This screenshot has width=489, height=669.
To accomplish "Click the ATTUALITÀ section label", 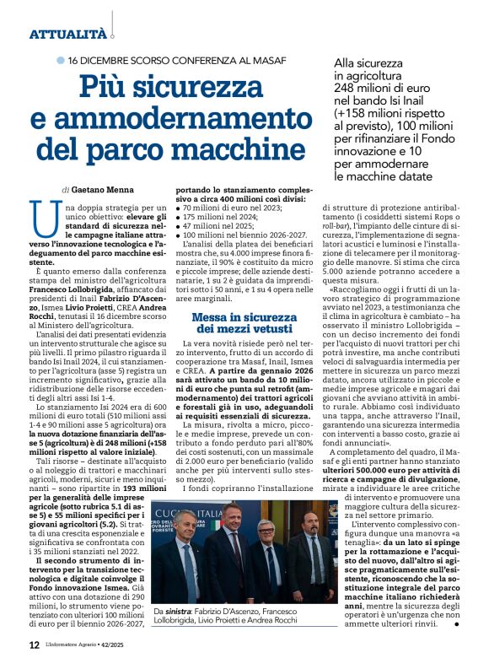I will tap(67, 35).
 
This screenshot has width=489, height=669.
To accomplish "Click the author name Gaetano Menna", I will tap(102, 190).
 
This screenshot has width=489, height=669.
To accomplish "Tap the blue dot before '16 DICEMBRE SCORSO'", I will tap(60, 61).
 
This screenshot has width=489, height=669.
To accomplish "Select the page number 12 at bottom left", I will tap(34, 645).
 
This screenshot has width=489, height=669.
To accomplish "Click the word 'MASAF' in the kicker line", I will tap(266, 61).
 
